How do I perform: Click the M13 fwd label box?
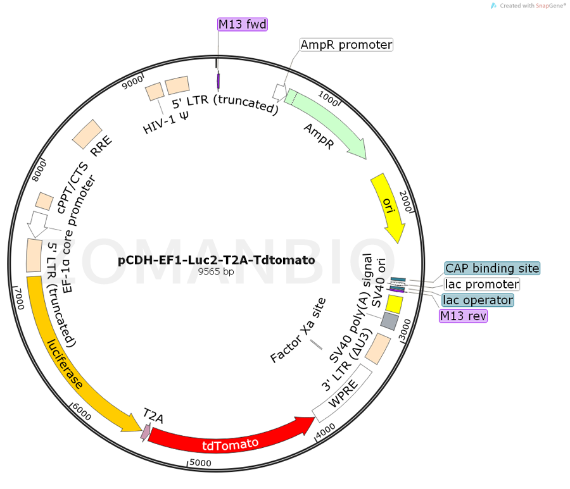[x=243, y=25]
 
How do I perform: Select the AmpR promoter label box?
[x=346, y=45]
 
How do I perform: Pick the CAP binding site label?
[x=492, y=268]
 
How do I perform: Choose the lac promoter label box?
[x=482, y=284]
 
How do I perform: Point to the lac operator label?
[x=478, y=299]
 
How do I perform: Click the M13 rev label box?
[x=464, y=315]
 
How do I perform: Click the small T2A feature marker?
[x=146, y=432]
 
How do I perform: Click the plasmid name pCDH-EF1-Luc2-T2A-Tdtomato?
[x=216, y=260]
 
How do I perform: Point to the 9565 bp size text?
[x=216, y=272]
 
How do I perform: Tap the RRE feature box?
[x=87, y=132]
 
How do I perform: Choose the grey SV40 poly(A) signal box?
[x=389, y=321]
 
